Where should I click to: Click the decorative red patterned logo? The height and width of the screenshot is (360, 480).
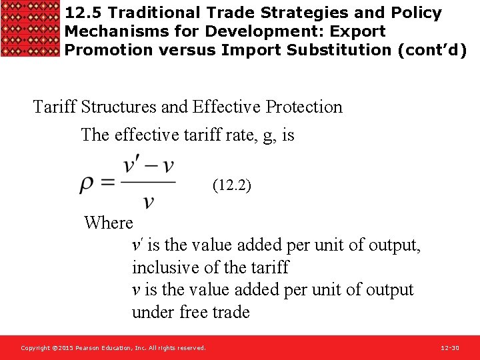[x=31, y=29]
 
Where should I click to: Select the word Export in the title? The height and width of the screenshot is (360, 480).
[x=361, y=31]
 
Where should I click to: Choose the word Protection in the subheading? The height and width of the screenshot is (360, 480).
[x=301, y=107]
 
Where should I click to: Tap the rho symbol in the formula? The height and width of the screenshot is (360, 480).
[x=87, y=185]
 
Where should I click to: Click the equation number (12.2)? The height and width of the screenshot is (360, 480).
[x=231, y=185]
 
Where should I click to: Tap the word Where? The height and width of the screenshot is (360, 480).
[x=109, y=223]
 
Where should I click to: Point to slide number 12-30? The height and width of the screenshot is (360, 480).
[x=450, y=348]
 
